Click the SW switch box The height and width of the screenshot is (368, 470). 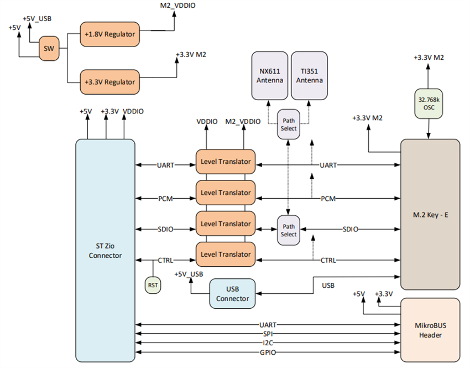click(48, 49)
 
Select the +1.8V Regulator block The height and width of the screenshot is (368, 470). click(109, 34)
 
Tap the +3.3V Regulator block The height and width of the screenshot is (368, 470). click(109, 81)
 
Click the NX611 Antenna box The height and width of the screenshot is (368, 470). click(269, 75)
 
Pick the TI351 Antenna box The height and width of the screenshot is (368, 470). click(309, 75)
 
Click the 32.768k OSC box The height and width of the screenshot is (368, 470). click(429, 103)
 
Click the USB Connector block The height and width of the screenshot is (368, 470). click(233, 293)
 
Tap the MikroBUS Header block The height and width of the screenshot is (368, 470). click(430, 330)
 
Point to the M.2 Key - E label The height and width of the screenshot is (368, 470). click(430, 214)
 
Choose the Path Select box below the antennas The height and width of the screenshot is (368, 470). click(289, 124)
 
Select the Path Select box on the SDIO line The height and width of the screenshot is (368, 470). click(289, 230)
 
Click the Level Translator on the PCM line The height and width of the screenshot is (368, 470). click(225, 193)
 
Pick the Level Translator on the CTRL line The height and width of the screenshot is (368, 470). click(225, 254)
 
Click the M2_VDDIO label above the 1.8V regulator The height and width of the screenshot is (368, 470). click(176, 6)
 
